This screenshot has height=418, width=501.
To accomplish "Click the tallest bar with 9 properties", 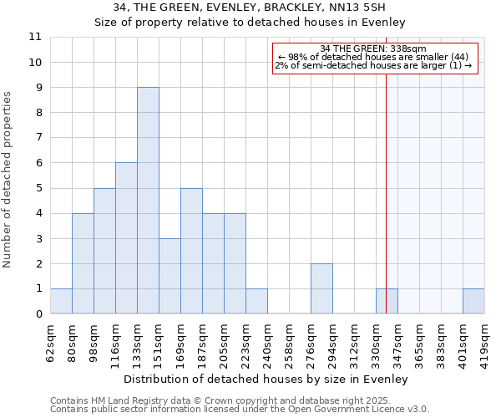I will tap(148, 201).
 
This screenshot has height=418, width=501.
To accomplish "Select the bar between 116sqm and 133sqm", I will tap(126, 238).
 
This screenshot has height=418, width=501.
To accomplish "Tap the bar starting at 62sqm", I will tap(61, 301).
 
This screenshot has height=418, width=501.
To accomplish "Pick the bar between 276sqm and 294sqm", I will tap(321, 288).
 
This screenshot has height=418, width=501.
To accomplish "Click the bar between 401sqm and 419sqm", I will tap(473, 301).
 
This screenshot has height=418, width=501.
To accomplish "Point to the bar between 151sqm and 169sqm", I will tap(170, 276).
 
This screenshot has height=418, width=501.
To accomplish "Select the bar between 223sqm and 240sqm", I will tap(256, 301).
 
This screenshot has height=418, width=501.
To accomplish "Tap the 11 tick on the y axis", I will tap(36, 37).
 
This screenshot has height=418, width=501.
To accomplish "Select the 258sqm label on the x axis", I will tap(289, 341).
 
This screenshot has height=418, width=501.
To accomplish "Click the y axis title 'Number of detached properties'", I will tap(8, 180).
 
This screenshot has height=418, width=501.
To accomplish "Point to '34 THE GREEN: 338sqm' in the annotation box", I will tap(373, 48).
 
